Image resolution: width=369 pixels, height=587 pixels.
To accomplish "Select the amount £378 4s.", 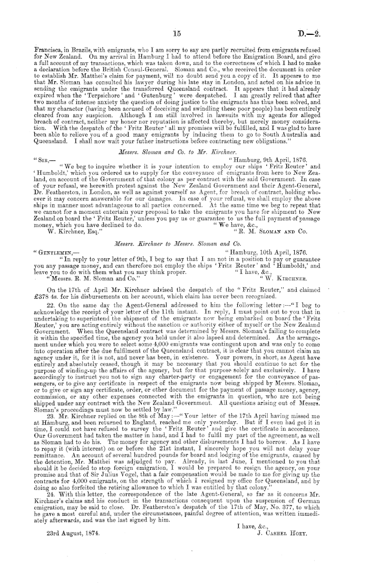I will click(x=46, y=296).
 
